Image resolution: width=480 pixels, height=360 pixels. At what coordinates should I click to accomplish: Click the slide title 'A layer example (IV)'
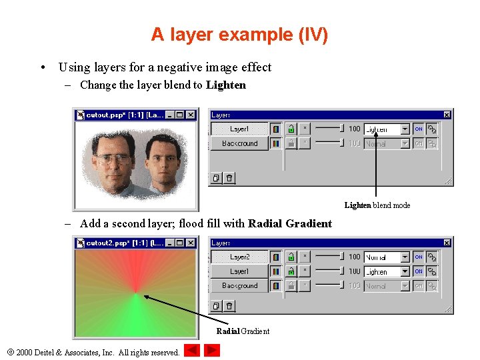click(239, 35)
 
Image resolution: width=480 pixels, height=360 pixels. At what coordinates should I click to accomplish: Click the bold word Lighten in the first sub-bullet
click(226, 85)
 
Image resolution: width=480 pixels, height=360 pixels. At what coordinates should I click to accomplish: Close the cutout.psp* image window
click(191, 115)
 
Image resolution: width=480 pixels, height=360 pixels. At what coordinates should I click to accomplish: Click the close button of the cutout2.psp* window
click(191, 243)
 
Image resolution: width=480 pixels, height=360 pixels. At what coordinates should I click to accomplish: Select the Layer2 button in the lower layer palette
click(239, 257)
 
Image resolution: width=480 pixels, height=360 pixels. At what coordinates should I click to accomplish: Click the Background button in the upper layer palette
click(239, 143)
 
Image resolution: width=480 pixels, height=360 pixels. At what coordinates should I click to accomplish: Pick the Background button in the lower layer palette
click(239, 286)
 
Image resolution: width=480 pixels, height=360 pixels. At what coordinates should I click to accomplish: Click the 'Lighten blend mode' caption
click(377, 205)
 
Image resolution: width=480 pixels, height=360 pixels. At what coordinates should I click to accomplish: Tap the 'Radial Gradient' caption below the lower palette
click(243, 331)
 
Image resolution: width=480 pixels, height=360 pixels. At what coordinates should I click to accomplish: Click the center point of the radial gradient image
click(136, 292)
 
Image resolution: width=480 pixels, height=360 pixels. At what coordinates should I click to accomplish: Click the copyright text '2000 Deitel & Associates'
click(97, 352)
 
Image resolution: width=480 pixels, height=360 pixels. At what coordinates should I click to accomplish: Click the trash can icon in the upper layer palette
click(229, 178)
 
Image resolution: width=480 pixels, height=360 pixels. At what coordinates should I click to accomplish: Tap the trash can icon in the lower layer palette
click(229, 306)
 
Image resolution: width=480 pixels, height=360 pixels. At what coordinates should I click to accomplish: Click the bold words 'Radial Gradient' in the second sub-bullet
click(289, 223)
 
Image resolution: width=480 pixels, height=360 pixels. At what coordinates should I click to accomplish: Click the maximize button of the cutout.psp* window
click(180, 115)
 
